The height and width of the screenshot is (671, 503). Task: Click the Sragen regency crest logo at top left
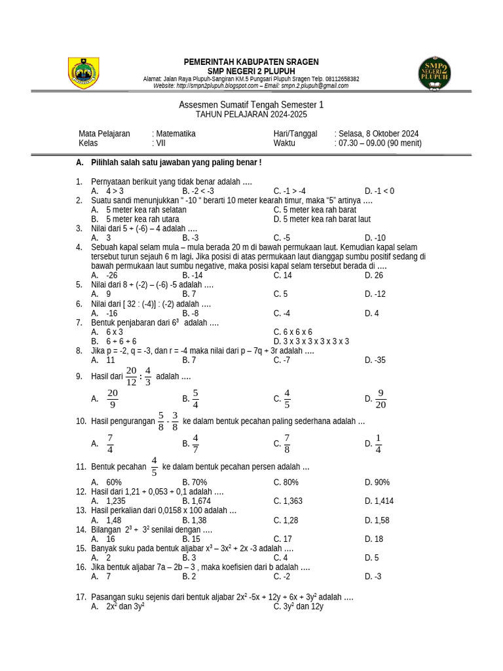click(84, 73)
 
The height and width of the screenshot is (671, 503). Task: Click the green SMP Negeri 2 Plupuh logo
click(435, 73)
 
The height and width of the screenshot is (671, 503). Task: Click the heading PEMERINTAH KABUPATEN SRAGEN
click(251, 62)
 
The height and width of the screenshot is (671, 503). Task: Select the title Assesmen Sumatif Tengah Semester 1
click(251, 105)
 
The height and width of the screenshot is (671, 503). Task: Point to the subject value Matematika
click(176, 134)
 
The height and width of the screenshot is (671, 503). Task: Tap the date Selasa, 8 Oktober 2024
click(379, 134)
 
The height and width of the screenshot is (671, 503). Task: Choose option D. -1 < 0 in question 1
click(380, 191)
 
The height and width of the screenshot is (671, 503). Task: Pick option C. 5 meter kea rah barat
click(314, 210)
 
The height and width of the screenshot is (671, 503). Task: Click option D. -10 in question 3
click(375, 238)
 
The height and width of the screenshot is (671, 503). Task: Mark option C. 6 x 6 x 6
click(293, 332)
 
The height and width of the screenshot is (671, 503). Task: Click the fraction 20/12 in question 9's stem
click(131, 376)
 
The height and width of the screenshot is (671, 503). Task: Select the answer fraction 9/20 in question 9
click(381, 398)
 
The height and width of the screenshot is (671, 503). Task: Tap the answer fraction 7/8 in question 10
click(287, 444)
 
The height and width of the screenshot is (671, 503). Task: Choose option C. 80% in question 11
click(286, 482)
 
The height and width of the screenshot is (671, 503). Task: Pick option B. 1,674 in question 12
click(196, 501)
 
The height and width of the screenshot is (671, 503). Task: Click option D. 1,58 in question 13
click(377, 520)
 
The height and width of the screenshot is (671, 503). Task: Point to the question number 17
click(81, 597)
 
